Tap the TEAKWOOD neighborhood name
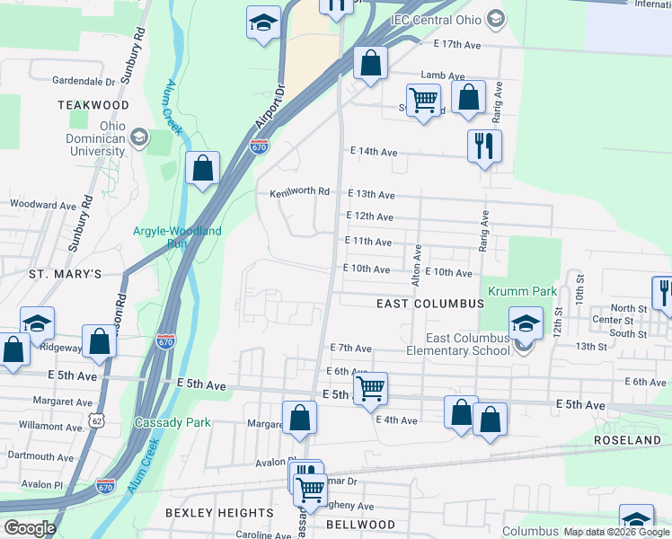pyautogui.click(x=93, y=105)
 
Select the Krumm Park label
pyautogui.click(x=522, y=292)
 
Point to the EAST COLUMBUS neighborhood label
pyautogui.click(x=430, y=305)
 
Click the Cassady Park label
pyautogui.click(x=172, y=422)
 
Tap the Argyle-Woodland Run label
pyautogui.click(x=177, y=237)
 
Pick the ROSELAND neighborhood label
pyautogui.click(x=627, y=440)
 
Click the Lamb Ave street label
pyautogui.click(x=444, y=77)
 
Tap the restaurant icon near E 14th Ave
pyautogui.click(x=484, y=146)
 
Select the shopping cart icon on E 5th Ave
pyautogui.click(x=369, y=389)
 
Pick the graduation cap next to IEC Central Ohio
pyautogui.click(x=495, y=19)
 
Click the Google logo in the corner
pyautogui.click(x=31, y=528)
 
